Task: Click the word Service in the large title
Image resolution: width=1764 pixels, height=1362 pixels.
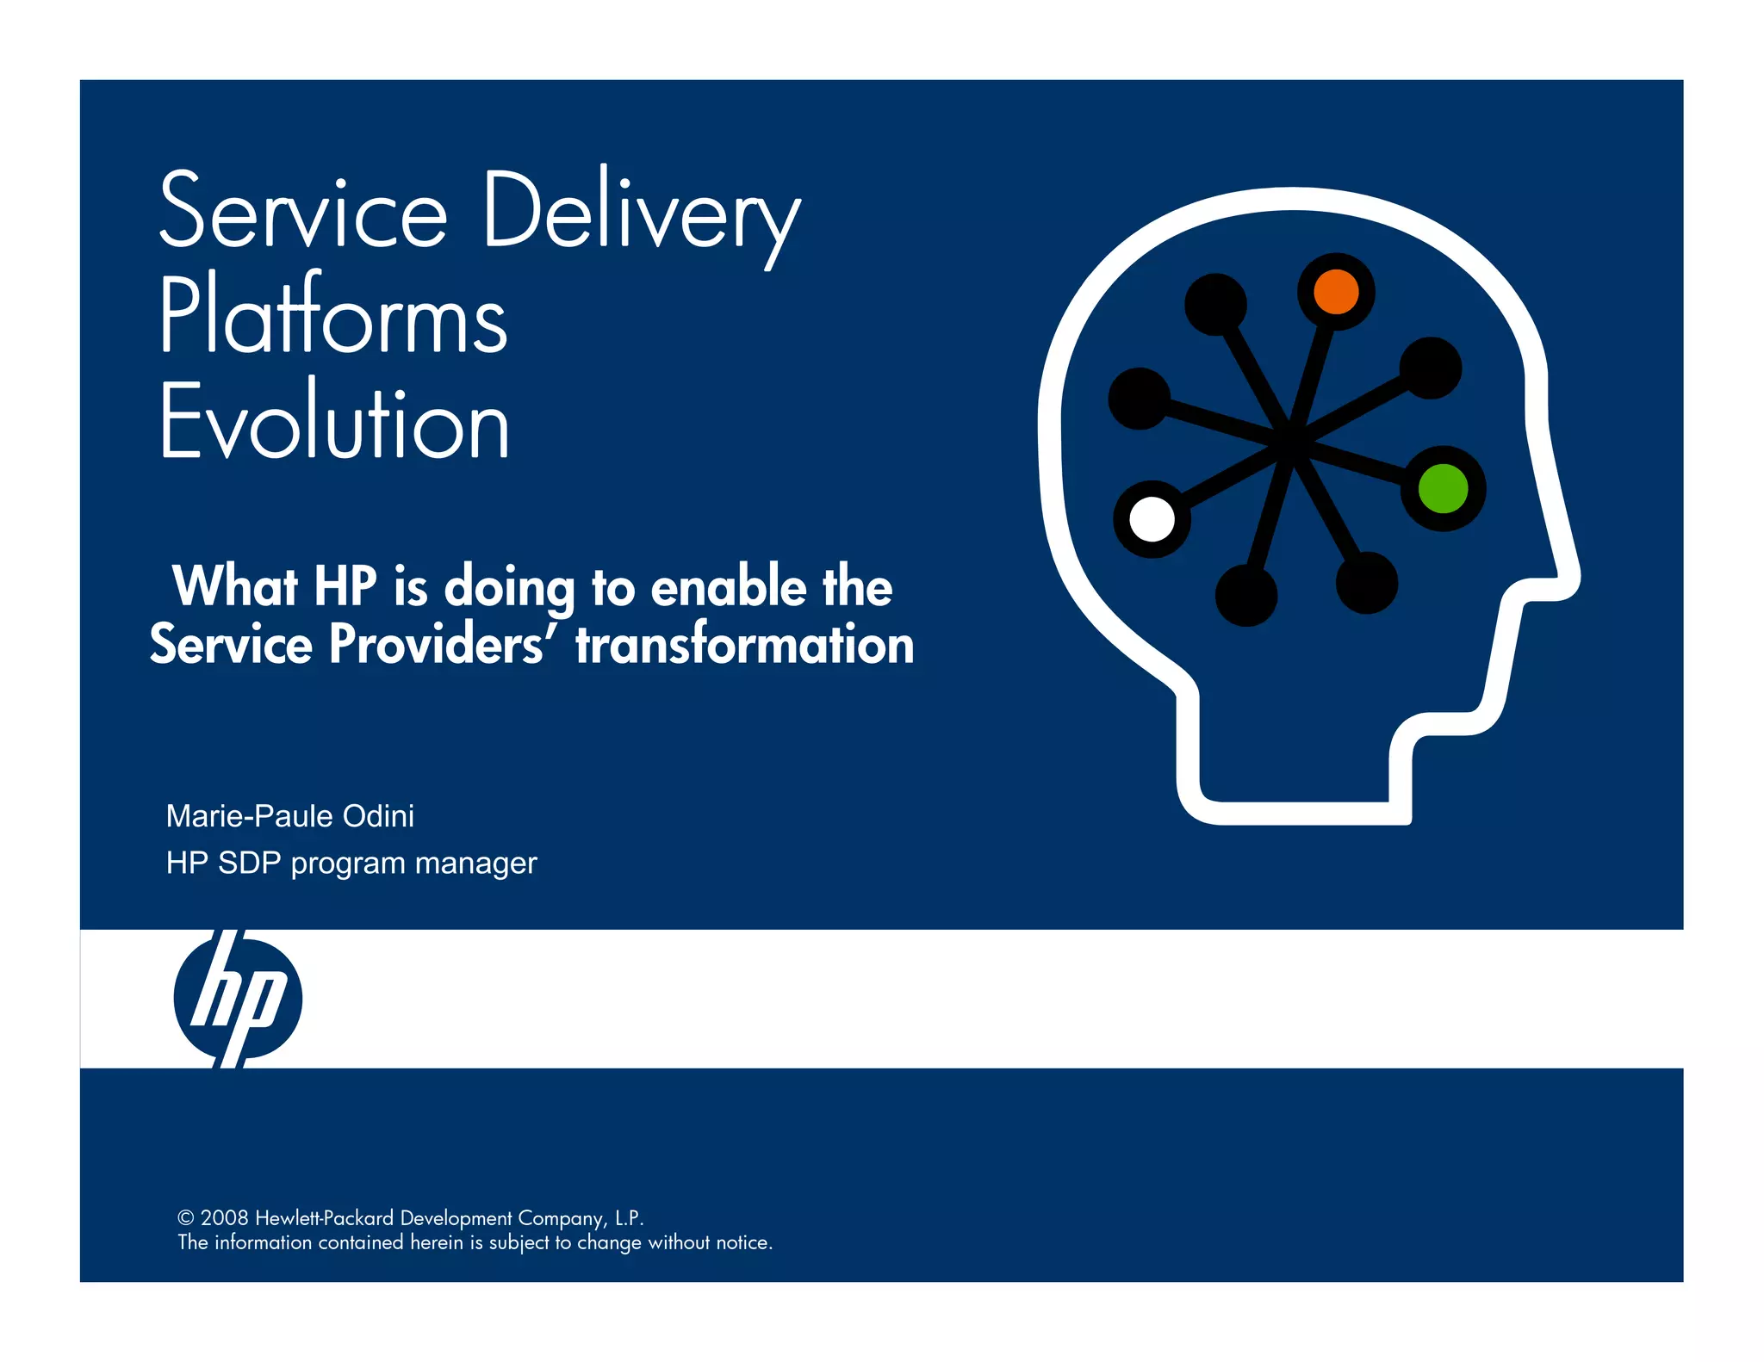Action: point(303,212)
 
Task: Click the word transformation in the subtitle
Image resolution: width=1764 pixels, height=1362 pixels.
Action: point(744,644)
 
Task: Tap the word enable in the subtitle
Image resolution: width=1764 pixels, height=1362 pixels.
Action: point(729,587)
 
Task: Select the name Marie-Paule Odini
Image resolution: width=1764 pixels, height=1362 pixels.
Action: point(289,816)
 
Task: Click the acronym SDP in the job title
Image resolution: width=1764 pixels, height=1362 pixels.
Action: point(250,863)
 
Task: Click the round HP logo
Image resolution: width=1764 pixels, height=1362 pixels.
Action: point(238,999)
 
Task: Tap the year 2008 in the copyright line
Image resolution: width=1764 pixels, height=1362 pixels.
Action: point(224,1218)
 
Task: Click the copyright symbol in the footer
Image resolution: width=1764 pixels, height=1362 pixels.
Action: point(185,1218)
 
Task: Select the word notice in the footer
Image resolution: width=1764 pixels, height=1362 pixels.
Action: point(742,1242)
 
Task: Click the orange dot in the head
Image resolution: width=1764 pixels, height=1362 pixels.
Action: point(1336,292)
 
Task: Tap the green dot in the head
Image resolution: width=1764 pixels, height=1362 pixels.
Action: point(1443,488)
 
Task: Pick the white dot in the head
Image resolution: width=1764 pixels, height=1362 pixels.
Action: point(1152,519)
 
